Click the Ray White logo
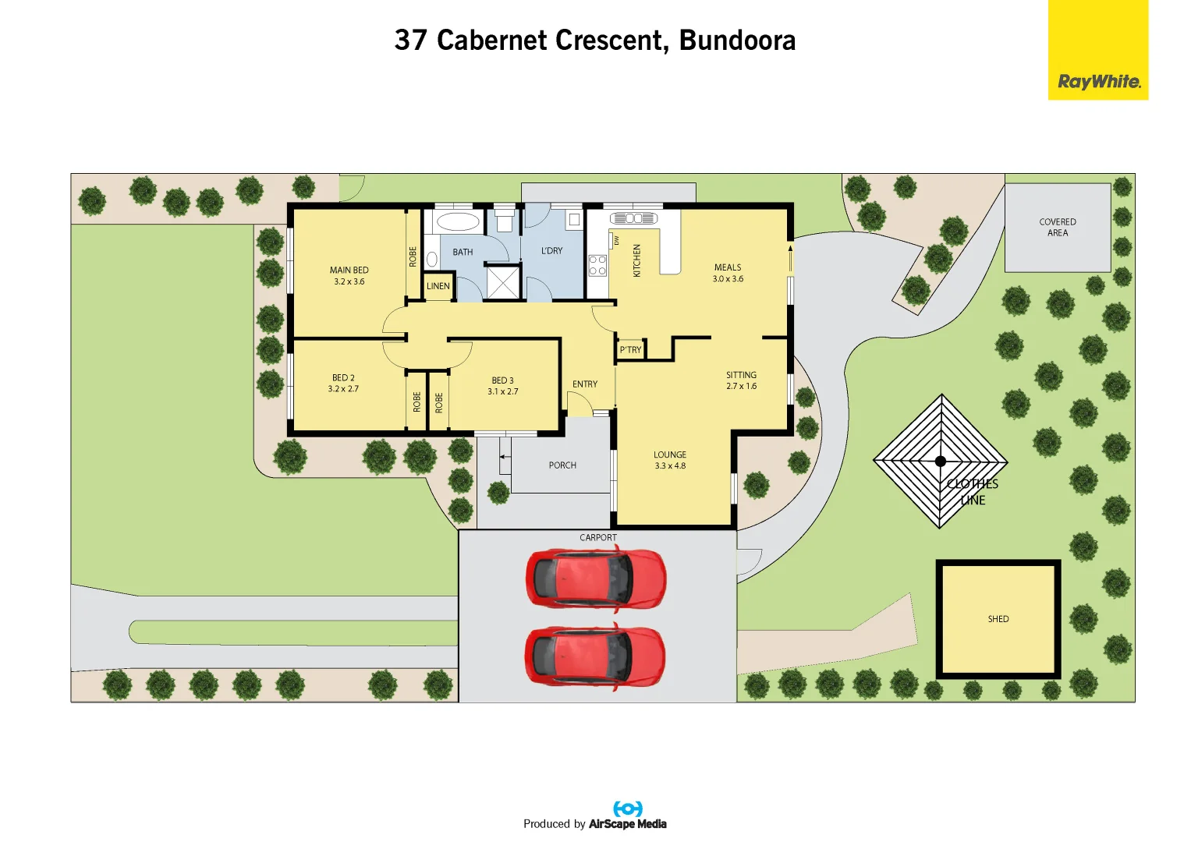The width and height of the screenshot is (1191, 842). [1098, 81]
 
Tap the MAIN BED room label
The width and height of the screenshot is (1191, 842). [349, 270]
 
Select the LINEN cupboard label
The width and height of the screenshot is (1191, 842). [438, 286]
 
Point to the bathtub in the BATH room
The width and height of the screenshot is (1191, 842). [458, 222]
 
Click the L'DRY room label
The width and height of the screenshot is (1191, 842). [551, 251]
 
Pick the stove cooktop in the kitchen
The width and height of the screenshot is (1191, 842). [597, 265]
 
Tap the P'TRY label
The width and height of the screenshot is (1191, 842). [630, 350]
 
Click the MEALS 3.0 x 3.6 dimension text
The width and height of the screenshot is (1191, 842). [728, 279]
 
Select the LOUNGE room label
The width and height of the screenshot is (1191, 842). [670, 455]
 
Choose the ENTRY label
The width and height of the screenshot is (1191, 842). [585, 384]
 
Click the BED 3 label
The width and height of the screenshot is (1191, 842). [502, 380]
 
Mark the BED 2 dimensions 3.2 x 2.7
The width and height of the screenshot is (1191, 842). [343, 389]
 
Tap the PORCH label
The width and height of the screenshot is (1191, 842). [562, 465]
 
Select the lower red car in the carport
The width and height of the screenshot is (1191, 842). [595, 656]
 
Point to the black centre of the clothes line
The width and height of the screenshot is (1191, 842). [941, 461]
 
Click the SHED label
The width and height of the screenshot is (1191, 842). [998, 619]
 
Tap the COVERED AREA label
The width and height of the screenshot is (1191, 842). [1058, 227]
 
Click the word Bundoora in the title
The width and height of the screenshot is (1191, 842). [737, 41]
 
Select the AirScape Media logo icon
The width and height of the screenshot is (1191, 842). [628, 808]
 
